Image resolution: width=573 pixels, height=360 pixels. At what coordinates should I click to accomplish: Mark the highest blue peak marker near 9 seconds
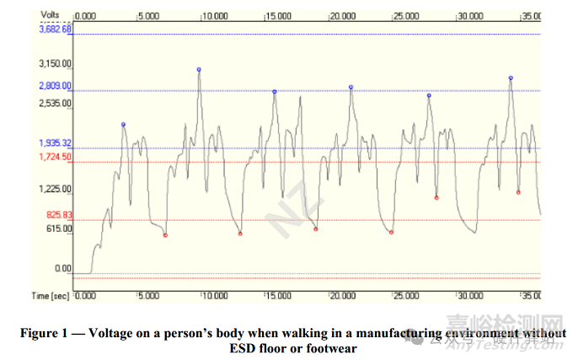tap(199, 69)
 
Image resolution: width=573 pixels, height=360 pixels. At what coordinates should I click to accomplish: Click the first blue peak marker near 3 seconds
tap(123, 125)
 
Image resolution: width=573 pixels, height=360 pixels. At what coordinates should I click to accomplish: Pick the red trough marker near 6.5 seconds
tap(165, 235)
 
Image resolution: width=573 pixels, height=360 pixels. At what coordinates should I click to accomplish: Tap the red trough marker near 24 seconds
tap(392, 232)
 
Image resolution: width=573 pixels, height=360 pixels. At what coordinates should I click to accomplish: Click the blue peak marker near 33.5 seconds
tap(511, 78)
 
